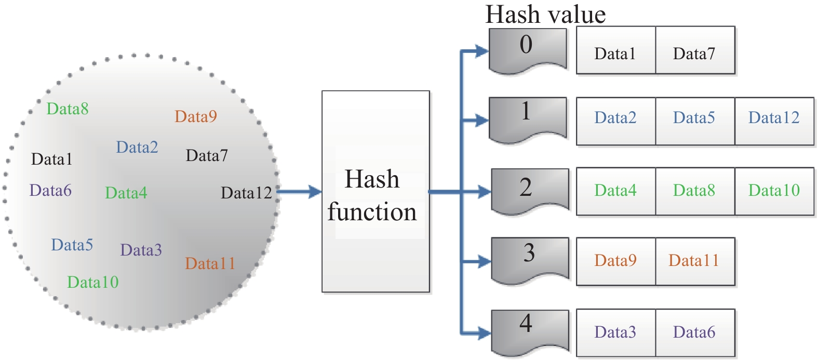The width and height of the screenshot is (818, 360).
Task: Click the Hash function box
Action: (x=376, y=192)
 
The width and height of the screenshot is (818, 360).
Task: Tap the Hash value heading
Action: (x=545, y=14)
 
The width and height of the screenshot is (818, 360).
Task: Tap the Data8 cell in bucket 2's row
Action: (x=695, y=191)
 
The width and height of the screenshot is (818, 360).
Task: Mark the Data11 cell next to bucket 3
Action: (x=695, y=261)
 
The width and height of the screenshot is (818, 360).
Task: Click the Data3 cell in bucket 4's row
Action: (x=616, y=332)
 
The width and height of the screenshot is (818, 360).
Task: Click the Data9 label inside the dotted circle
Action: (x=196, y=116)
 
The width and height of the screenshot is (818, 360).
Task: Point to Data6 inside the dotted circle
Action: (x=50, y=191)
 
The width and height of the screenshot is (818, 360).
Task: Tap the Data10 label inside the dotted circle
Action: (x=93, y=282)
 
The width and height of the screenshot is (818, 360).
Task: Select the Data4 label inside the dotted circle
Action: (x=126, y=193)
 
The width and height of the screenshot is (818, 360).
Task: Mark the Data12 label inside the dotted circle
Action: (x=247, y=193)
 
